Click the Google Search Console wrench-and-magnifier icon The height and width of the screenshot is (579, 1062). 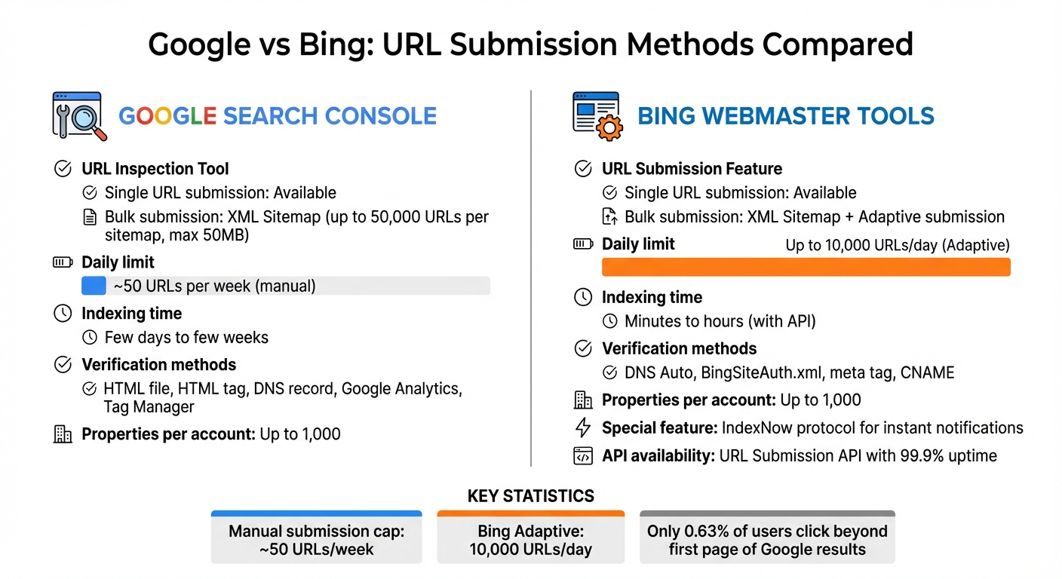79,116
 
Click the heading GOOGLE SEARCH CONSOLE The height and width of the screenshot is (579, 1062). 278,116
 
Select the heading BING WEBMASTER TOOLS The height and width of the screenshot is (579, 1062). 786,116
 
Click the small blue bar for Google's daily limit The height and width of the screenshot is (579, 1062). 94,286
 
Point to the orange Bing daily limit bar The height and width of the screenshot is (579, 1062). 806,267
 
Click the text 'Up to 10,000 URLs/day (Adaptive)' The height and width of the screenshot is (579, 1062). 898,245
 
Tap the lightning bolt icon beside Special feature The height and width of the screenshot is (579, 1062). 583,427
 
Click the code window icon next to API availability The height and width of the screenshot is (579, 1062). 583,456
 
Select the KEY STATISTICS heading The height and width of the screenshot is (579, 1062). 530,495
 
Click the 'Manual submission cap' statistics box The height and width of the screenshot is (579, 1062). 316,537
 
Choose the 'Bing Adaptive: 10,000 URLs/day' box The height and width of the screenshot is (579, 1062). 530,537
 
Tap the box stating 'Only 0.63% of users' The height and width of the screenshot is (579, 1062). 767,537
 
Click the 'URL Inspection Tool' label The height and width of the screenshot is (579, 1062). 155,169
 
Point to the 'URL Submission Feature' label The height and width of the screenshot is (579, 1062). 692,169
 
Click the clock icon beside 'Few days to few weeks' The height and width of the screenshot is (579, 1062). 90,337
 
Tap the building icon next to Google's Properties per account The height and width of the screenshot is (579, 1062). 63,434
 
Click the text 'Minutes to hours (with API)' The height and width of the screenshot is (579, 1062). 720,321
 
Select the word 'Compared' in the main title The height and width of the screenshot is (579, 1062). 837,44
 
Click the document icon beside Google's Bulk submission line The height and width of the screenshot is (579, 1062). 90,217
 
